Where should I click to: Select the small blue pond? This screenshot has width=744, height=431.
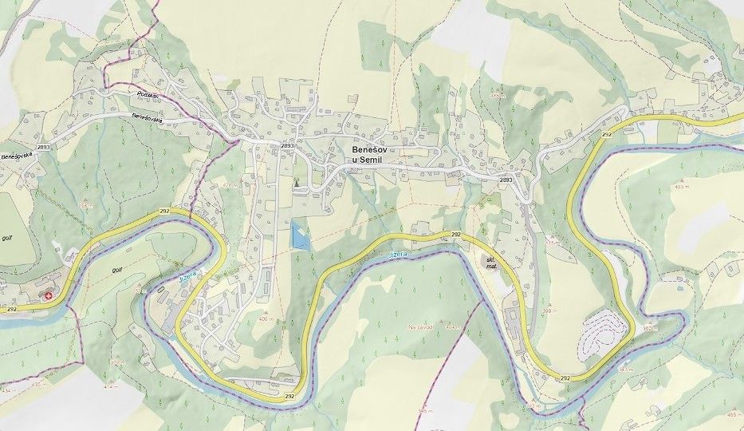tap(298, 235)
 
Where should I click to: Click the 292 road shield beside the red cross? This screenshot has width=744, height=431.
tap(11, 306)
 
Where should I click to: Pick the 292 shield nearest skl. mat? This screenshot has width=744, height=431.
tap(456, 234)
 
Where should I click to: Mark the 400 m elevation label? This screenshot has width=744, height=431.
tap(265, 319)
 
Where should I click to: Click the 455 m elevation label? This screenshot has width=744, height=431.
tap(731, 414)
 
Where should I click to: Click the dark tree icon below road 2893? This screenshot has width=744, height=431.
tap(296, 184)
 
